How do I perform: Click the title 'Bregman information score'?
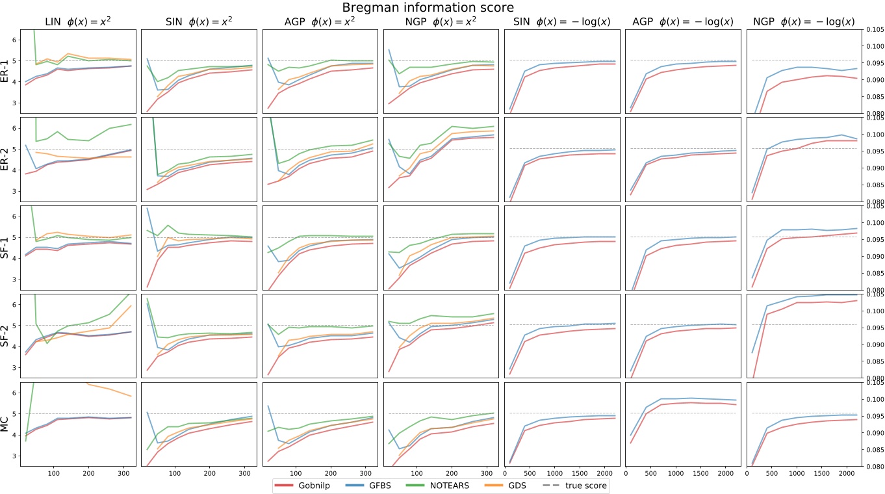442,7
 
